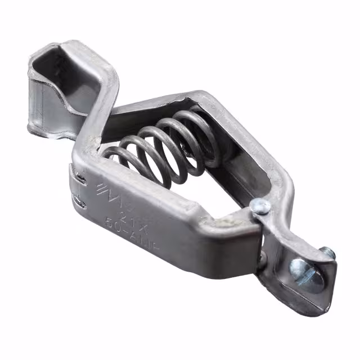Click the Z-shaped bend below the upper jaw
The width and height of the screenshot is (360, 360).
pyautogui.click(x=93, y=121)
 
